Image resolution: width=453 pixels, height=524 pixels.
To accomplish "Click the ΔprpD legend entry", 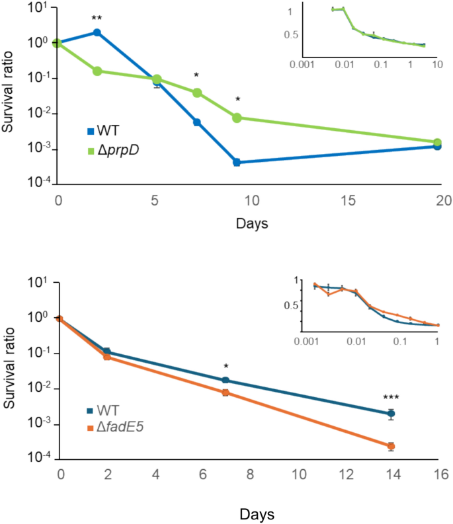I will [118, 151].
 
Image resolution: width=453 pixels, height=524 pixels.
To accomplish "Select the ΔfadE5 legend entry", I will [120, 430].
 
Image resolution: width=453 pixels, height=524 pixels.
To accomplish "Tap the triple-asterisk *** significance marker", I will [391, 398].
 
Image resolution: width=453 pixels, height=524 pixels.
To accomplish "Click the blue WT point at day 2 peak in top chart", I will [97, 32].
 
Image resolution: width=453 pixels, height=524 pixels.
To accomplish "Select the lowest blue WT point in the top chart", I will [237, 163].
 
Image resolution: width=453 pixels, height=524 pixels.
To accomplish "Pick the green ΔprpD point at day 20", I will [437, 143].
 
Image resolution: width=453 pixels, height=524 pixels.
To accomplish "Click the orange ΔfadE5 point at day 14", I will [391, 447].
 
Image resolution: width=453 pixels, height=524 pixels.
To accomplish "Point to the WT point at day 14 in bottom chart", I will [391, 414].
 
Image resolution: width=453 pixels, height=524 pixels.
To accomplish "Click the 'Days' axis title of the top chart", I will [251, 224].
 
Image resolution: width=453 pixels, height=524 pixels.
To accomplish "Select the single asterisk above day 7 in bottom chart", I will [226, 367].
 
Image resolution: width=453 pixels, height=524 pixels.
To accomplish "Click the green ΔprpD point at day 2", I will [97, 71].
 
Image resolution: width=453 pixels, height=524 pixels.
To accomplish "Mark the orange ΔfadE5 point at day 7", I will [226, 393].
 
